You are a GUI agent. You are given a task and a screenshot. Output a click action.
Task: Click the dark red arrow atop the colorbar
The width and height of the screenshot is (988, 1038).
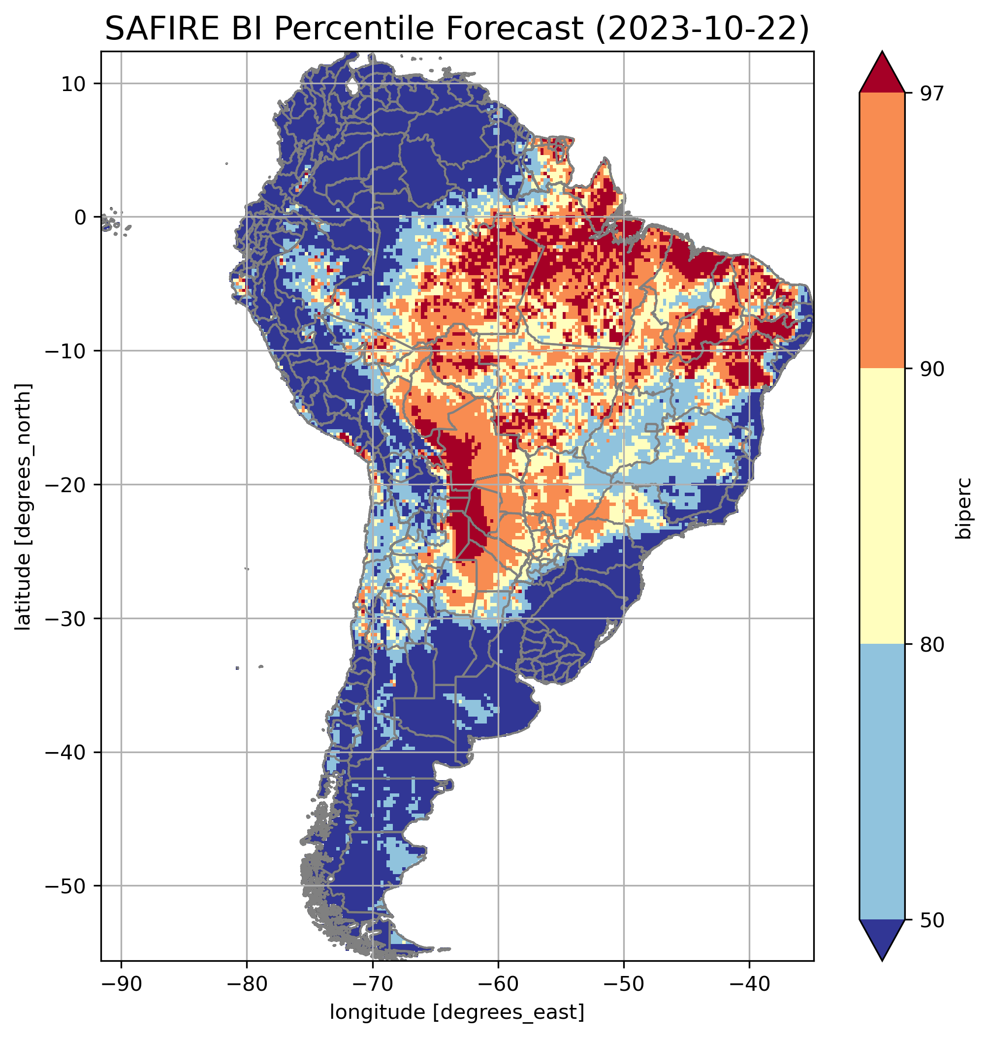pos(882,74)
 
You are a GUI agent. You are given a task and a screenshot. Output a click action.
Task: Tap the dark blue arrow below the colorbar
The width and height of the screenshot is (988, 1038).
pos(882,940)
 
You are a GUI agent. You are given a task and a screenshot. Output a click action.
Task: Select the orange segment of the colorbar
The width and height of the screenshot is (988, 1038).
pos(882,231)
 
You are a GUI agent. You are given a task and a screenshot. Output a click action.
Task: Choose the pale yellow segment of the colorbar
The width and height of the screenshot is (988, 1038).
pos(882,506)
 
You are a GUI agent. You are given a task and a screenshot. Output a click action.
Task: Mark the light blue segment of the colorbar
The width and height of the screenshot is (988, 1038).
pos(882,783)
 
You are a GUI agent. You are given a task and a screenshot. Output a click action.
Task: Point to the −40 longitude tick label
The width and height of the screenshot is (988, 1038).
pos(749,984)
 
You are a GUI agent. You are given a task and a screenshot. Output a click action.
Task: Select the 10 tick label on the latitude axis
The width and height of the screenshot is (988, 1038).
pos(74,84)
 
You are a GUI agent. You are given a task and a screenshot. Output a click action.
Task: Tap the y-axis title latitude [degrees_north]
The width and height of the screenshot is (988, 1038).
pos(23,506)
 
